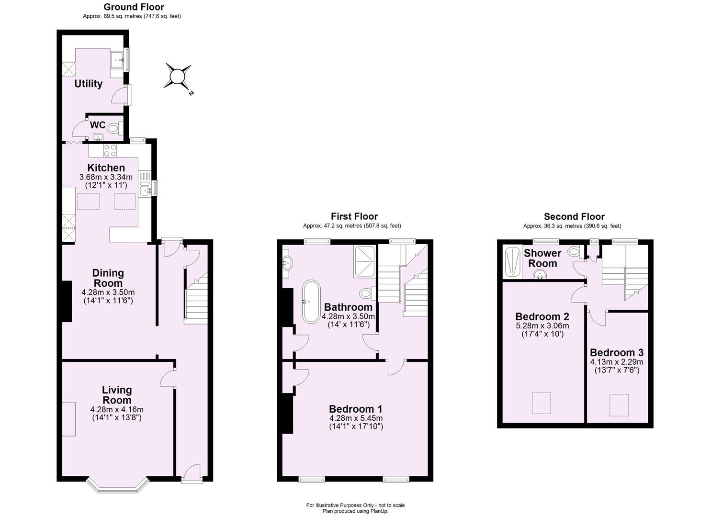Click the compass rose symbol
[178, 76]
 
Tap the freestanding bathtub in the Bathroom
[311, 302]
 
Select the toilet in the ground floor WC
[113, 128]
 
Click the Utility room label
[89, 84]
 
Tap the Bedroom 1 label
[355, 409]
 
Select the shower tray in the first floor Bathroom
[365, 262]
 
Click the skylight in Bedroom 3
[619, 405]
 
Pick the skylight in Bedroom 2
[541, 403]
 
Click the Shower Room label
[542, 258]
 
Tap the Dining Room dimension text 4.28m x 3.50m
[108, 292]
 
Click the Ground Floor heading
[134, 7]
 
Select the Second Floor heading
[574, 217]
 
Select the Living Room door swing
[168, 377]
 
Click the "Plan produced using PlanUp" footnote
[355, 511]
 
